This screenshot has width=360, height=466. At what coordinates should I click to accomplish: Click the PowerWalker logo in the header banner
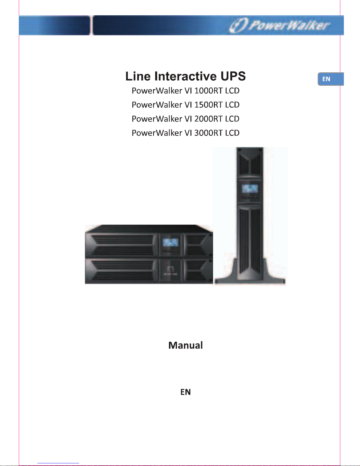click(279, 25)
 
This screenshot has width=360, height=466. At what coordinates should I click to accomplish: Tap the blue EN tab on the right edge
click(331, 79)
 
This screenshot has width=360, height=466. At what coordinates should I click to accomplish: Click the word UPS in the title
click(233, 76)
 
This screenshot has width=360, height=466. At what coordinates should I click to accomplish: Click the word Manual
click(185, 345)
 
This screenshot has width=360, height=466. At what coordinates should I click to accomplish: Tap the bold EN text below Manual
click(185, 392)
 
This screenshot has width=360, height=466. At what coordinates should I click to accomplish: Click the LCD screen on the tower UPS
click(250, 189)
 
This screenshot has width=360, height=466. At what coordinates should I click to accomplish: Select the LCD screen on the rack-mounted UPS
click(170, 243)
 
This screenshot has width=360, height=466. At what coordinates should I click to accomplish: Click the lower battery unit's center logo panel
click(170, 270)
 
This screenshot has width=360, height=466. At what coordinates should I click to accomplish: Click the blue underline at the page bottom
click(58, 463)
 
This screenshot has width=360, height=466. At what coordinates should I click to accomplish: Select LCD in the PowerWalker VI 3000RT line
click(232, 133)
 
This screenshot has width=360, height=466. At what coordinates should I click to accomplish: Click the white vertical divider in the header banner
click(92, 25)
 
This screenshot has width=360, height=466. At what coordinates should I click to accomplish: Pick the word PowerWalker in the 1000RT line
click(157, 91)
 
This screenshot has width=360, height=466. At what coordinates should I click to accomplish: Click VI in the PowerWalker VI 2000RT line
click(188, 119)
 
